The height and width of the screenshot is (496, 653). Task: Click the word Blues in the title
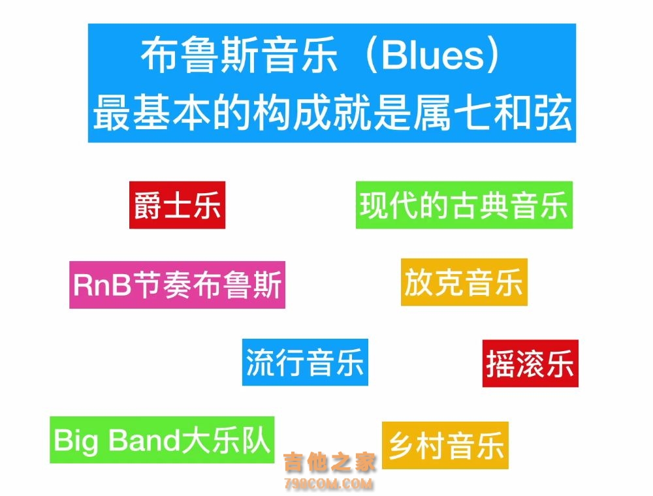(433, 55)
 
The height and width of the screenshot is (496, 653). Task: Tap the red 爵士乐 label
(178, 205)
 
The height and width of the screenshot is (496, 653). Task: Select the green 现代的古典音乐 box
(464, 205)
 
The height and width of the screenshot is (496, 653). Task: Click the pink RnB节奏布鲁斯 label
(178, 285)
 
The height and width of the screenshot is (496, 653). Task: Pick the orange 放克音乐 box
(464, 282)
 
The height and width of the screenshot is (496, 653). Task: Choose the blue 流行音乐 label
(305, 362)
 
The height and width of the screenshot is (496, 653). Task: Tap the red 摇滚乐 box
(530, 364)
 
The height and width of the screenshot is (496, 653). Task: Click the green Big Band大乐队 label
(162, 440)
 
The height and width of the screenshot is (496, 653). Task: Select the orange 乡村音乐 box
(445, 445)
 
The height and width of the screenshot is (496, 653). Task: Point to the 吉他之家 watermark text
(329, 462)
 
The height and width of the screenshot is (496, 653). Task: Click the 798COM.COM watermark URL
(328, 484)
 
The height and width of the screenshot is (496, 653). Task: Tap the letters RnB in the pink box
(103, 285)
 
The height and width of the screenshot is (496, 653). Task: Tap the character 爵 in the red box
(148, 206)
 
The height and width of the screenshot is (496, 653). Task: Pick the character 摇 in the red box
(500, 364)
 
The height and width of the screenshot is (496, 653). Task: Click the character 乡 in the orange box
(402, 446)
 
